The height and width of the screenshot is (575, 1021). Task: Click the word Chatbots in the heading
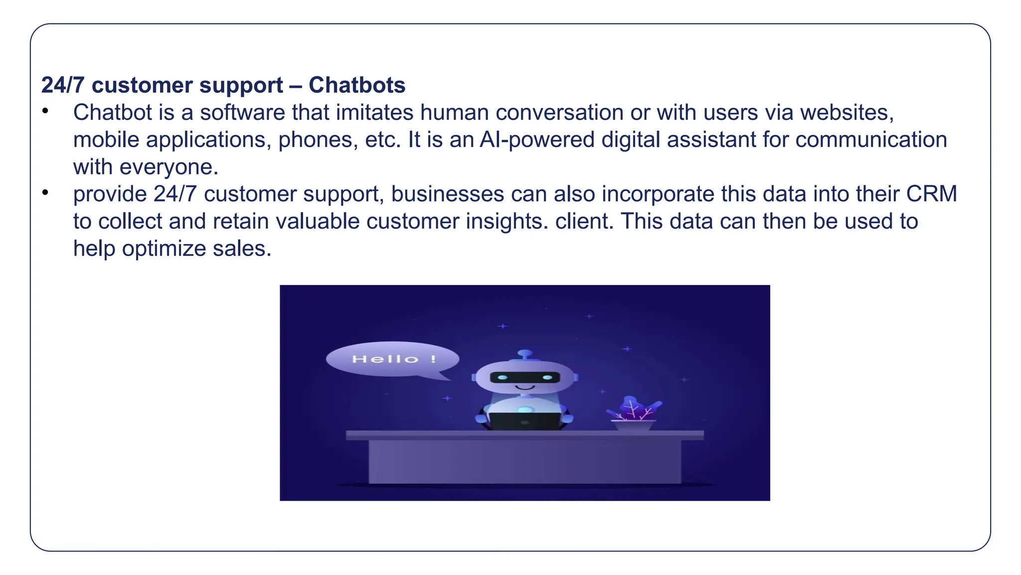click(357, 85)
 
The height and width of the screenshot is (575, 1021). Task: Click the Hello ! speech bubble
click(392, 359)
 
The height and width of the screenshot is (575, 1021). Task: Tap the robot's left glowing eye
click(503, 377)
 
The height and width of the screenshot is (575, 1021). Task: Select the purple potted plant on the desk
click(634, 414)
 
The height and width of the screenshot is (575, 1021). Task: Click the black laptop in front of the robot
click(524, 421)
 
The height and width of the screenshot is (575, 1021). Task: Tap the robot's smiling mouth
click(524, 387)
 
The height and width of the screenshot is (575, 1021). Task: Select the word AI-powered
click(537, 140)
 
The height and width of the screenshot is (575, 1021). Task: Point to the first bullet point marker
click(45, 111)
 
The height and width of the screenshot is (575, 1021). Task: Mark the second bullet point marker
click(45, 192)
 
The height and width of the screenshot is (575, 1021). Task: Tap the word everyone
click(170, 167)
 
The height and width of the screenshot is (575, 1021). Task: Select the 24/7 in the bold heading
click(63, 85)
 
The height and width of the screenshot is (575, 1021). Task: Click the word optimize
click(164, 249)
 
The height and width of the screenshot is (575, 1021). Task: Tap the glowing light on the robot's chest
click(525, 410)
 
